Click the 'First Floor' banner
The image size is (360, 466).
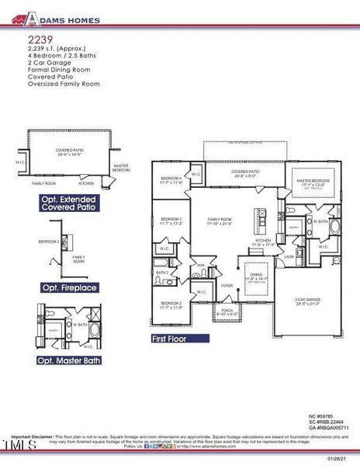point(179,339)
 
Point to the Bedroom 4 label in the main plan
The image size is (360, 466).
point(171,179)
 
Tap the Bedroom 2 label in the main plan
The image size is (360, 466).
point(171,304)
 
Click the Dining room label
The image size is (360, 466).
point(255,276)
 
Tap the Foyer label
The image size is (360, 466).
point(227,286)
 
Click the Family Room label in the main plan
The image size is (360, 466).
point(220,222)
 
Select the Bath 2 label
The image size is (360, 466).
point(162,273)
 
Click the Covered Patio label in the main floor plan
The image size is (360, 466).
point(245,174)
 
